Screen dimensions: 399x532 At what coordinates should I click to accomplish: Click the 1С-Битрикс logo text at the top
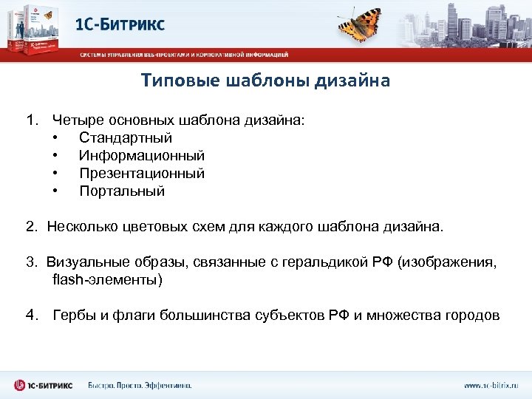(x=120, y=24)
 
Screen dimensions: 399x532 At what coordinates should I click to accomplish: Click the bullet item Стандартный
(x=126, y=137)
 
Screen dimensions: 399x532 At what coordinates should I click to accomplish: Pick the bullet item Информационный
(x=142, y=156)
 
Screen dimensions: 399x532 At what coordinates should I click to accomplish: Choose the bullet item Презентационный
(x=142, y=174)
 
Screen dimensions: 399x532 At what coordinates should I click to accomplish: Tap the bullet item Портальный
(x=122, y=191)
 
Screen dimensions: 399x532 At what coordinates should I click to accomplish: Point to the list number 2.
(x=30, y=227)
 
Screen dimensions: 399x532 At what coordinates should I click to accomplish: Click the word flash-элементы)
(x=107, y=280)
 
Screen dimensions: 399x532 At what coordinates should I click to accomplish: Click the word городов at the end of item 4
(x=473, y=316)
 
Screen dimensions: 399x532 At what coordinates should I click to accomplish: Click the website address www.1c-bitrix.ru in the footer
(x=491, y=385)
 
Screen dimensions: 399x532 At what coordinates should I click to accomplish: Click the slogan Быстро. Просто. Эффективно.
(x=140, y=385)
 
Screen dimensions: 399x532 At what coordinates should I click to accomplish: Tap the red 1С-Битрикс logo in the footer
(x=44, y=385)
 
